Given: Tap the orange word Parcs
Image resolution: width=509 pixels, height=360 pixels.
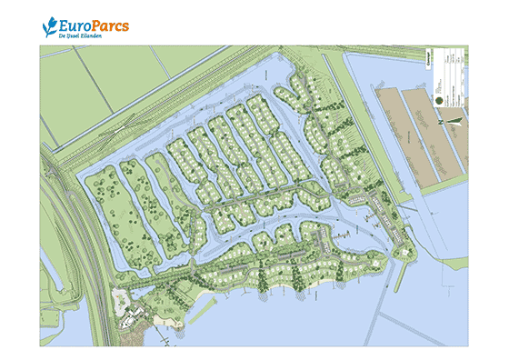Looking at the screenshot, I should [109, 25].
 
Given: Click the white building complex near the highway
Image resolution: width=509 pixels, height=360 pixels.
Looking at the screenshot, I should [136, 314].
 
